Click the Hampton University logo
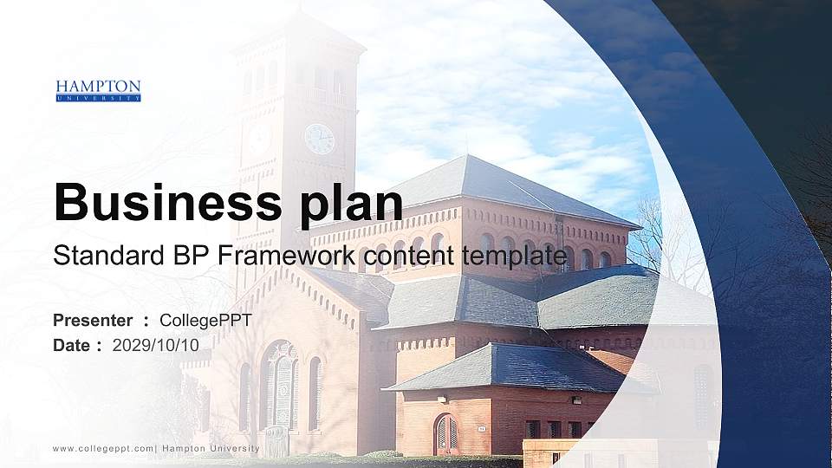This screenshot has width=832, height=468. click(x=98, y=91)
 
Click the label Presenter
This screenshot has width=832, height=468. click(x=93, y=321)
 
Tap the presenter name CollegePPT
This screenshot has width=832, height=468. click(x=206, y=321)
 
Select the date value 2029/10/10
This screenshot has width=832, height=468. click(x=156, y=345)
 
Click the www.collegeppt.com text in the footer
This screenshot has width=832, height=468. click(x=103, y=448)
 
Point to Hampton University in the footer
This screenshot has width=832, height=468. click(x=211, y=448)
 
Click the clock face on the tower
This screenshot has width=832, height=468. click(x=319, y=139)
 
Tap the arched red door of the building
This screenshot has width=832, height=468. click(x=445, y=434)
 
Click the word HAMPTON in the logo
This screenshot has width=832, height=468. click(x=98, y=87)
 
